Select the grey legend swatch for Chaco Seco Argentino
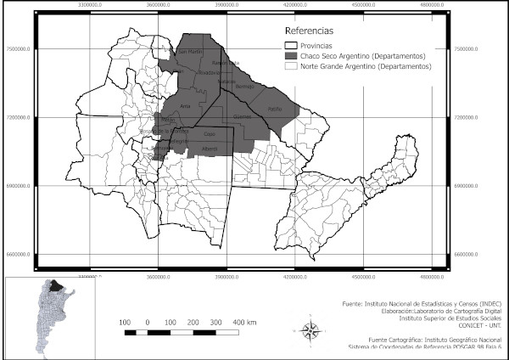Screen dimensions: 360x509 pyautogui.click(x=293, y=55)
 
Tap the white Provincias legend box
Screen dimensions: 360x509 pyautogui.click(x=293, y=45)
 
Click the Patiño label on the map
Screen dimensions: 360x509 pyautogui.click(x=274, y=110)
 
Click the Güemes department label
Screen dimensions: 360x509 pyautogui.click(x=243, y=116)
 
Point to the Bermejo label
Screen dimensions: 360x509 pyautogui.click(x=244, y=87)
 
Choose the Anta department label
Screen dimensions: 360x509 pyautogui.click(x=185, y=105)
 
